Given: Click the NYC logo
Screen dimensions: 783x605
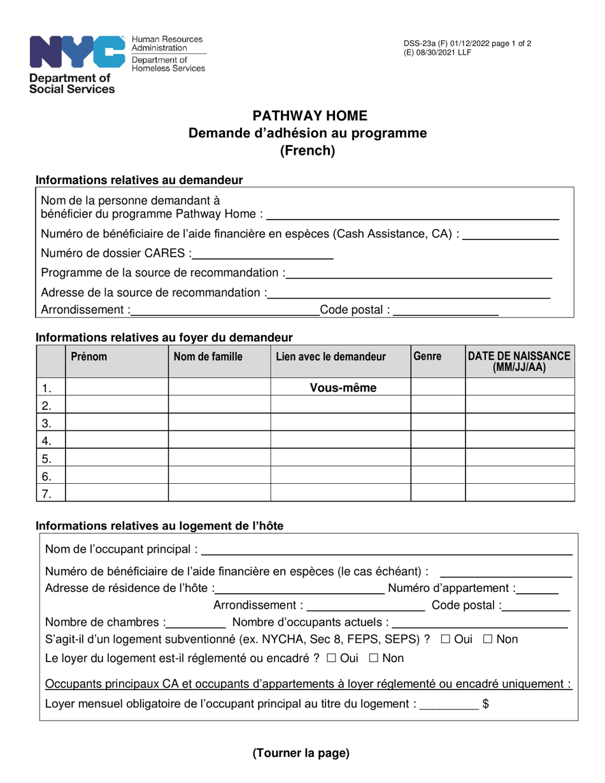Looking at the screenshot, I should click(x=76, y=52).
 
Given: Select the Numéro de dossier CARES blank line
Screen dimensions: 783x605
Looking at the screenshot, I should click(x=263, y=255).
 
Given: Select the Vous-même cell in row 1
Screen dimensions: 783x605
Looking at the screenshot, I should click(x=343, y=387).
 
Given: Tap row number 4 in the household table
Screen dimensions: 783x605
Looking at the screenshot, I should click(x=46, y=441).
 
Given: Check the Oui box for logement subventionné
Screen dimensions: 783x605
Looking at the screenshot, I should click(x=445, y=639).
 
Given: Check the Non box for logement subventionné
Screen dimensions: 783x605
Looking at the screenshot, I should click(x=488, y=639).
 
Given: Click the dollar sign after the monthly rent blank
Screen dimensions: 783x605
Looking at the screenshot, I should click(x=486, y=703).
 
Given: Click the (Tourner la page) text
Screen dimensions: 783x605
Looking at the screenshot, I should click(x=301, y=754).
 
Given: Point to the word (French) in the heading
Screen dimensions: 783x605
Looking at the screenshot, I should click(x=308, y=151).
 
